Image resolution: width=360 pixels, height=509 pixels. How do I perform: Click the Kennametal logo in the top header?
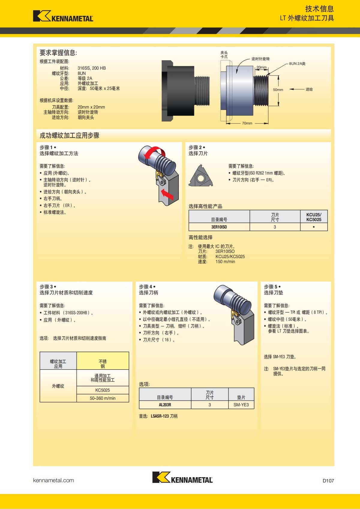63,16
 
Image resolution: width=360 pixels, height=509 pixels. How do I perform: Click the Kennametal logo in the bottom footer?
182,477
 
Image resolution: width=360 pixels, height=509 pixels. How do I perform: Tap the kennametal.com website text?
53,480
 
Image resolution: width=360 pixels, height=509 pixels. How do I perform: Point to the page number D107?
328,481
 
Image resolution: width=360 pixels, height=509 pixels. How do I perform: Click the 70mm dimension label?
247,123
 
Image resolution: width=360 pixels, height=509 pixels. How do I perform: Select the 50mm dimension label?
278,90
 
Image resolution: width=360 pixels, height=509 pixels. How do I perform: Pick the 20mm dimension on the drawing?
261,67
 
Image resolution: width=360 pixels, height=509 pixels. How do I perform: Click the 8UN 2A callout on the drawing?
297,64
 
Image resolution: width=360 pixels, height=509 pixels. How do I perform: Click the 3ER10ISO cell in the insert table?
219,227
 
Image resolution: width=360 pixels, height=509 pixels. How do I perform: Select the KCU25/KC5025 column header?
313,217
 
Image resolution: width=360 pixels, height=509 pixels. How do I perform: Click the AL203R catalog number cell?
165,405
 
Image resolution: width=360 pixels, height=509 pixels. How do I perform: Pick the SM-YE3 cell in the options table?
241,405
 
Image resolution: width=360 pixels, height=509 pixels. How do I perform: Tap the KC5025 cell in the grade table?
103,390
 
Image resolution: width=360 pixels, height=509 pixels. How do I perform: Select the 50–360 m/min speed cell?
103,398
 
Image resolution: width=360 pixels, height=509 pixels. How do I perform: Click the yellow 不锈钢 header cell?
103,364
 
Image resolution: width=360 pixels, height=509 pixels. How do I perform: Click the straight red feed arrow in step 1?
167,194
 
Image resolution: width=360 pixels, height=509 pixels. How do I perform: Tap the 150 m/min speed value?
225,262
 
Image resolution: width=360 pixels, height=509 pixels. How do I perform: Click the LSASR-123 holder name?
160,416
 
